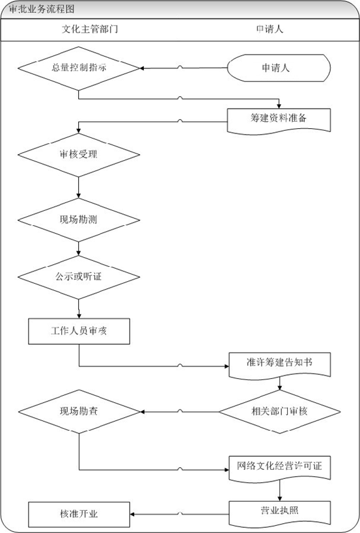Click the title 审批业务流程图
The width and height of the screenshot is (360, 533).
[x=42, y=9]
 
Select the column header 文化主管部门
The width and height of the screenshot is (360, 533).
[x=90, y=29]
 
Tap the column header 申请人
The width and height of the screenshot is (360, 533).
[x=270, y=29]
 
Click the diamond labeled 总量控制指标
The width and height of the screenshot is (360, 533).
[x=79, y=68]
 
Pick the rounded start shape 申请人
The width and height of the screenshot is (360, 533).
[x=279, y=68]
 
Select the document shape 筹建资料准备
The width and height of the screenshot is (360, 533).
[x=279, y=120]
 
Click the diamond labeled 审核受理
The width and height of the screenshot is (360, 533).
[x=79, y=155]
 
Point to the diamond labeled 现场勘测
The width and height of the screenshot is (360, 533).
[x=79, y=220]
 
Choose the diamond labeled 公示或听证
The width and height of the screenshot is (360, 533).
[x=79, y=277]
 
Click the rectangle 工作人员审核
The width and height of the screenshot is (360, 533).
[x=79, y=331]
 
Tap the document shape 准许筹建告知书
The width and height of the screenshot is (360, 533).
[x=280, y=365]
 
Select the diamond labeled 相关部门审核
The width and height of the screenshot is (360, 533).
[x=279, y=412]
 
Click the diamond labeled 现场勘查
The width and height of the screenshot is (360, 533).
[x=79, y=412]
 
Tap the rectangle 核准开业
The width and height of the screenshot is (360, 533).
[x=79, y=514]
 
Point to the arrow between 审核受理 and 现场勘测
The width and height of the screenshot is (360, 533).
[x=79, y=187]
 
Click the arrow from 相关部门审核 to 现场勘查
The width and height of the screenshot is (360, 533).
[x=180, y=412]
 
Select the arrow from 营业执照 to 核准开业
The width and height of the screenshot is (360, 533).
[x=180, y=514]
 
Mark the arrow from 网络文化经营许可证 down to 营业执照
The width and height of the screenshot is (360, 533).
[x=280, y=491]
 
